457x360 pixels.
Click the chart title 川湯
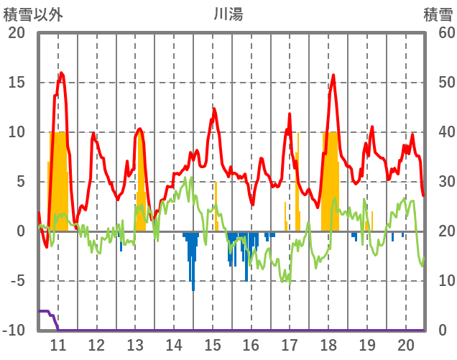(x=228, y=14)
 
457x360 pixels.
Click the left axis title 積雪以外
(x=33, y=14)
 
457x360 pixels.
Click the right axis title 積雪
(x=438, y=14)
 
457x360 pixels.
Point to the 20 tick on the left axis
(x=16, y=33)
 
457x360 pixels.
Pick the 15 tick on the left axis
(x=16, y=83)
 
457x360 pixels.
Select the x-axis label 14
(x=173, y=344)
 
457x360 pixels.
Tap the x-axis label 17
(x=290, y=344)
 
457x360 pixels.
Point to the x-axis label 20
(x=405, y=344)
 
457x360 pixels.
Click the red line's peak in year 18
(x=333, y=75)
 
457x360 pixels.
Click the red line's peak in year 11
(x=62, y=73)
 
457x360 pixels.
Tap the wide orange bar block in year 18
(x=331, y=180)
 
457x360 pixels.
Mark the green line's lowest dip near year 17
(x=290, y=282)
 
